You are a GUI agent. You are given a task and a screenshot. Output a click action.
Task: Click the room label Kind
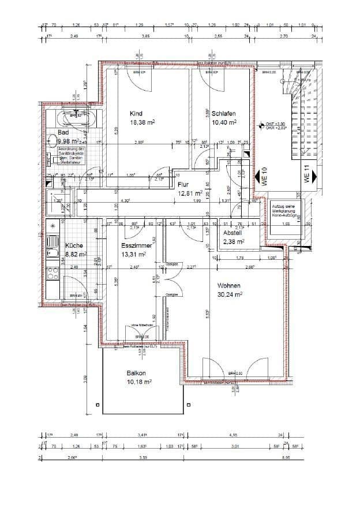pos(136,114)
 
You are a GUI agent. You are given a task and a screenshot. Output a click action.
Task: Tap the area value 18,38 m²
pos(141,122)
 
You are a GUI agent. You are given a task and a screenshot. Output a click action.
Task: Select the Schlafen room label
pos(223,114)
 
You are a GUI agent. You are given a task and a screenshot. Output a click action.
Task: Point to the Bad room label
pos(63,132)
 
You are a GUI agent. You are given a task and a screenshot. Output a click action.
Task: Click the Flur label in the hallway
pos(183,185)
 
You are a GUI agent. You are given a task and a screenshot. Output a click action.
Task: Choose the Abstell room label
pos(234,233)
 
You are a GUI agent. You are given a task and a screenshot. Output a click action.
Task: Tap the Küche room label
pos(74,245)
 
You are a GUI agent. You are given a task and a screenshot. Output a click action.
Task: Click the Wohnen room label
pos(230,286)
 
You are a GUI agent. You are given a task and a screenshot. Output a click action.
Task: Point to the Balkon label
pos(136,373)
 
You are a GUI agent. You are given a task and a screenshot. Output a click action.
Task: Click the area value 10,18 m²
pos(138,382)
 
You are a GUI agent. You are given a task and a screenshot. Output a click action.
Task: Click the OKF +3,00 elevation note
pos(275,124)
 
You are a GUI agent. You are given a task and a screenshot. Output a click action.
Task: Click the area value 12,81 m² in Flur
pos(190,193)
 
